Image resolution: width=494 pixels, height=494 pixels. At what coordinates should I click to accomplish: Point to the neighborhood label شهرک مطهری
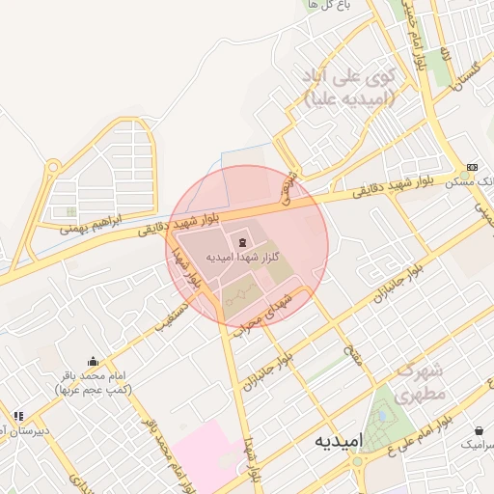click(422, 382)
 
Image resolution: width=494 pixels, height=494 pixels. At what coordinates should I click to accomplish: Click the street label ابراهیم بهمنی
click(93, 226)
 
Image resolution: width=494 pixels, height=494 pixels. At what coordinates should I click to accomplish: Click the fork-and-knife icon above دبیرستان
click(18, 416)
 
